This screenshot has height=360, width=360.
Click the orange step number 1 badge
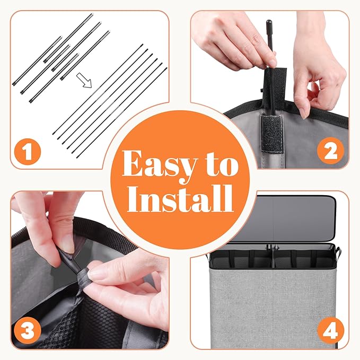point(28,152)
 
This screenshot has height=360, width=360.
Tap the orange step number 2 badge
point(330,151)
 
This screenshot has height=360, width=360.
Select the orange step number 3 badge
point(28,331)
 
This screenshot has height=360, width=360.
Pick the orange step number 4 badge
point(331,331)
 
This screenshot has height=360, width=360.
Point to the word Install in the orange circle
point(180,198)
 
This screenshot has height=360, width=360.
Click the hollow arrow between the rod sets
point(84,81)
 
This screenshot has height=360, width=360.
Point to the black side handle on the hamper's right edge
point(338,252)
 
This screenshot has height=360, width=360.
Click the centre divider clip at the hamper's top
point(273,248)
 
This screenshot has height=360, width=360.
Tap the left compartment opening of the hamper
point(242,260)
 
